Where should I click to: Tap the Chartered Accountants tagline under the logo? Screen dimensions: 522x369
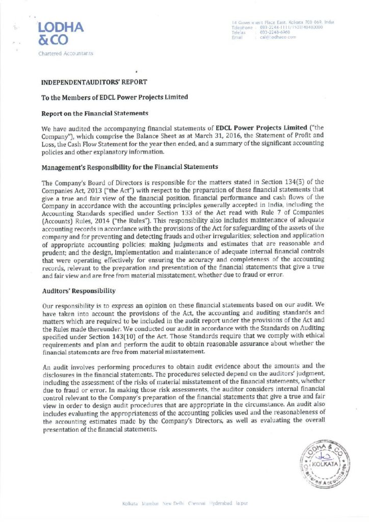coord(66,53)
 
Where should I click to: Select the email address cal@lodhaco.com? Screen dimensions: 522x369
coord(278,37)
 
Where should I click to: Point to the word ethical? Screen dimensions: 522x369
coord(310,337)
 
